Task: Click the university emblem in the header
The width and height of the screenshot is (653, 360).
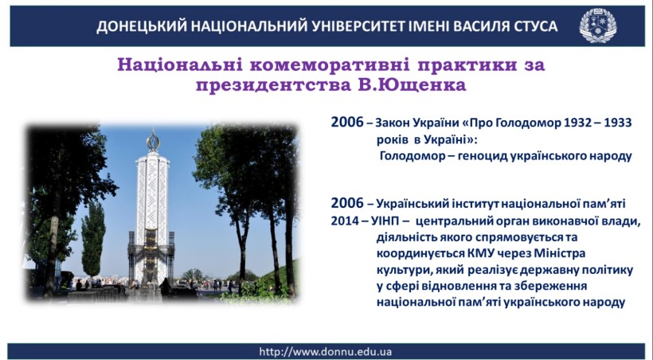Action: point(598,25)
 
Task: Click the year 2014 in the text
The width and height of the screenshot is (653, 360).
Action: point(345,221)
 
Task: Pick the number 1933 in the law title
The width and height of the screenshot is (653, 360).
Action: point(618,123)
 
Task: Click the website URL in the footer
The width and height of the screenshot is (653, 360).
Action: point(325,352)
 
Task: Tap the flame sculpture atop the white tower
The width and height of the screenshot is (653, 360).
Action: point(153,141)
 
